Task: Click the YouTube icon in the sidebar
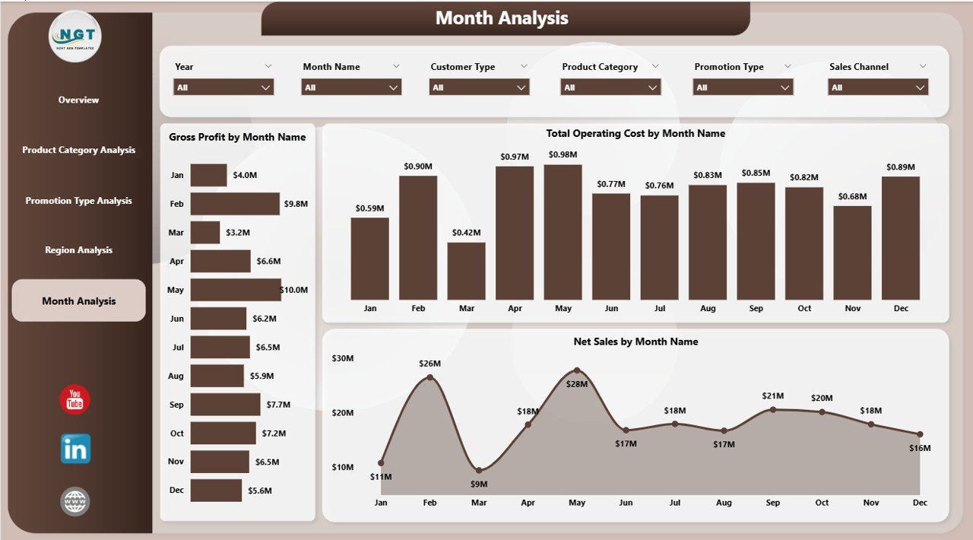pos(75,400)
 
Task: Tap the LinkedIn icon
pos(75,449)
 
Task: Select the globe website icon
pos(75,501)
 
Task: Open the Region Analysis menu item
pos(78,250)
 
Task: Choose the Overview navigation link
pos(78,100)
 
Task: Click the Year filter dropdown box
pos(223,87)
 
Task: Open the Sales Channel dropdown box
pos(878,87)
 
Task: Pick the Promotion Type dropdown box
pos(743,87)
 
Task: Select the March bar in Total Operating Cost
pos(466,271)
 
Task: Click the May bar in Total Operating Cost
pos(563,232)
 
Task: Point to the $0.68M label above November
pos(852,197)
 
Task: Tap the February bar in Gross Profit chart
pos(235,204)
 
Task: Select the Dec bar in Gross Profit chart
pos(216,491)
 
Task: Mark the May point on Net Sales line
pos(577,370)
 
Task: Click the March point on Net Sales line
pos(479,471)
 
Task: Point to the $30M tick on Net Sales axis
pos(343,358)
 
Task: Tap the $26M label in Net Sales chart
pos(429,364)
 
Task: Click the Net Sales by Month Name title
pos(635,341)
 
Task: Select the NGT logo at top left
pos(74,36)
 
